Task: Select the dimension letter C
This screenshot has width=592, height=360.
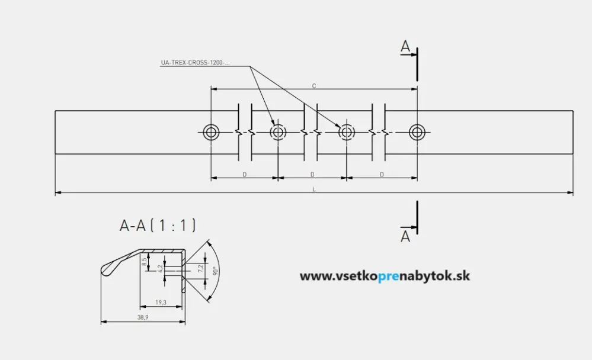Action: (x=313, y=86)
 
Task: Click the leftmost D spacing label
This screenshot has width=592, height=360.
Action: (x=244, y=175)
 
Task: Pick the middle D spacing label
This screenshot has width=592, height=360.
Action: (x=312, y=175)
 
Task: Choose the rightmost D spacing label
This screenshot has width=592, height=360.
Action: (x=382, y=175)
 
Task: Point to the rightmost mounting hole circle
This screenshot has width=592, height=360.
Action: (x=417, y=131)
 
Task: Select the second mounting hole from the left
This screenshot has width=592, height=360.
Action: (x=278, y=131)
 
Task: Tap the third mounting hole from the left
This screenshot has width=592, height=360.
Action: (x=347, y=131)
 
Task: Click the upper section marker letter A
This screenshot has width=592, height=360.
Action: (x=405, y=47)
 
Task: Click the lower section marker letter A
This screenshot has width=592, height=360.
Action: (x=405, y=236)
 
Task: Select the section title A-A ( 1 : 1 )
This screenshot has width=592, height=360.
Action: (x=158, y=225)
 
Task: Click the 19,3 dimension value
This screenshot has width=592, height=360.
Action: (x=161, y=303)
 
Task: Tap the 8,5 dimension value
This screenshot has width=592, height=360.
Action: (x=145, y=261)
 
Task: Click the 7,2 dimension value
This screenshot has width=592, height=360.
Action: (x=200, y=268)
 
